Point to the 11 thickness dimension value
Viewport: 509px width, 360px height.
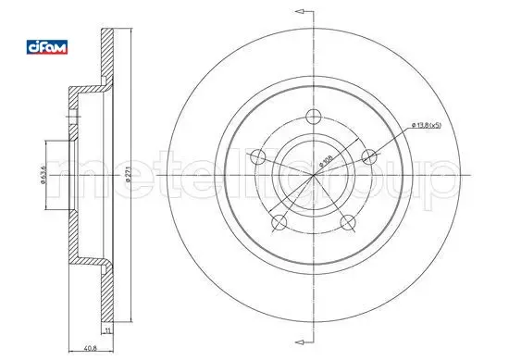(x=107, y=331)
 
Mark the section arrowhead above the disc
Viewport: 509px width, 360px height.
(x=298, y=11)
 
